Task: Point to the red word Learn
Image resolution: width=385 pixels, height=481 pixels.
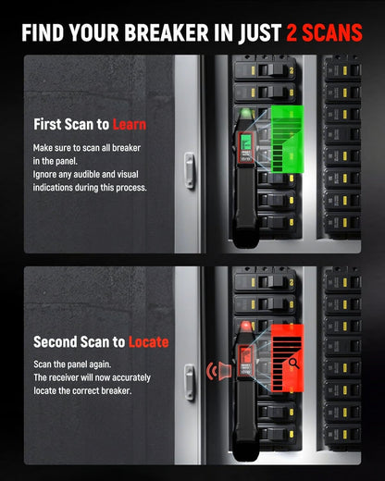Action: [x=129, y=124]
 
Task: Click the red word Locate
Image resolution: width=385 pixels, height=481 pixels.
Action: [x=148, y=341]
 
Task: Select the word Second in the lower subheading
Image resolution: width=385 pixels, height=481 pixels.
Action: [x=56, y=341]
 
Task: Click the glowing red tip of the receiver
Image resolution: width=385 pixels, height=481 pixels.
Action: [x=246, y=327]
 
